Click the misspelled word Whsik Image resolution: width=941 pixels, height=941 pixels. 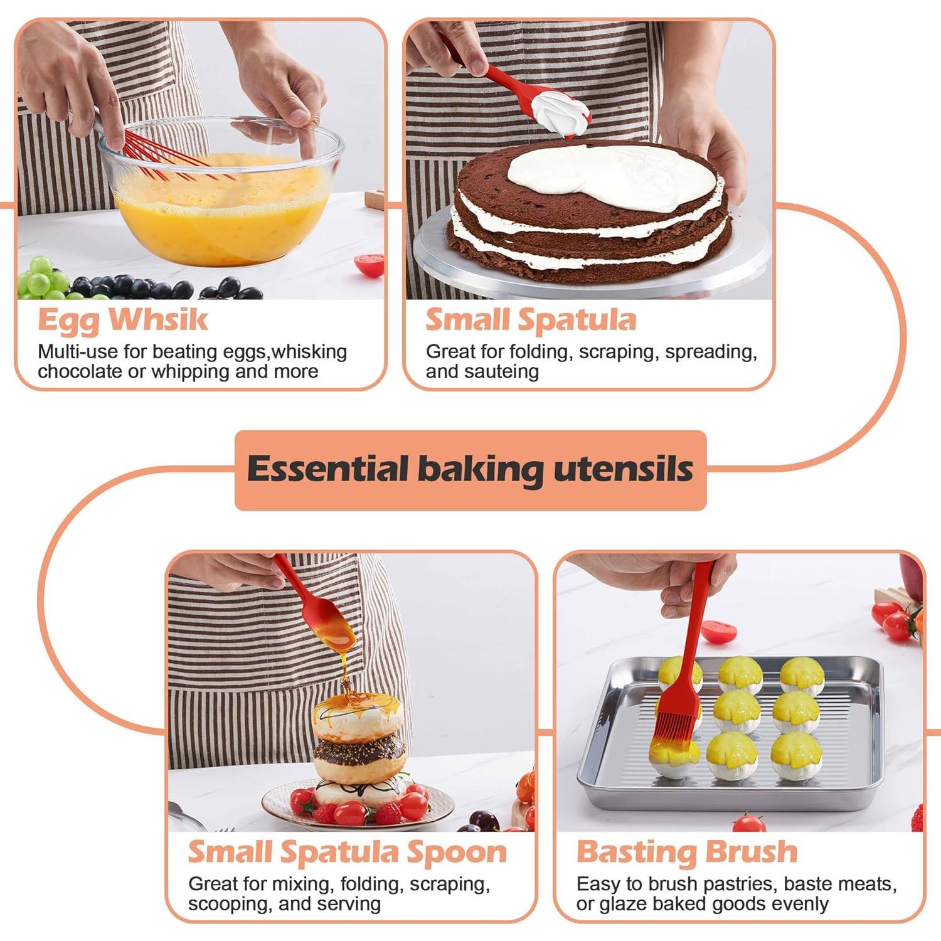tap(158, 319)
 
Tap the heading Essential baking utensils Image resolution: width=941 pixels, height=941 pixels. tap(470, 469)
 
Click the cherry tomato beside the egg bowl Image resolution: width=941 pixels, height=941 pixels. tap(369, 264)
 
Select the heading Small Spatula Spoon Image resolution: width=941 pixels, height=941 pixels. tap(347, 852)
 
